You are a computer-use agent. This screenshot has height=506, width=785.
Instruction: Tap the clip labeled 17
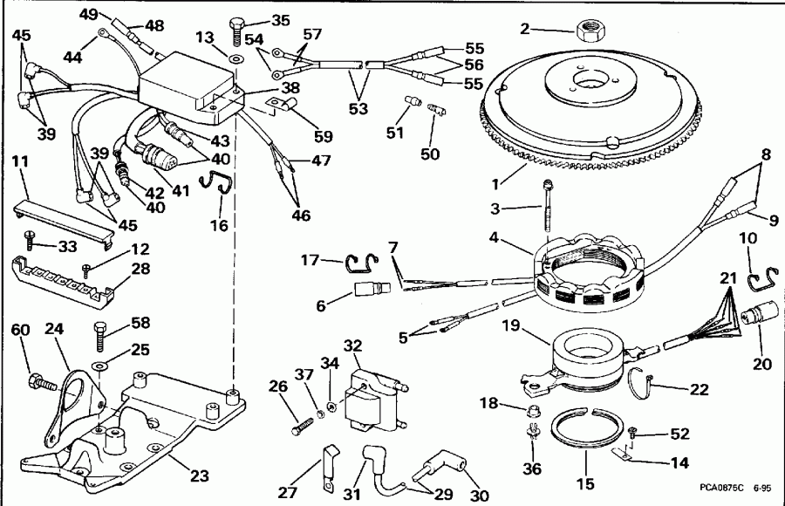[358, 260]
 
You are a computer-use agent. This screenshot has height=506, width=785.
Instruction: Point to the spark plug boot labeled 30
[443, 475]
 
